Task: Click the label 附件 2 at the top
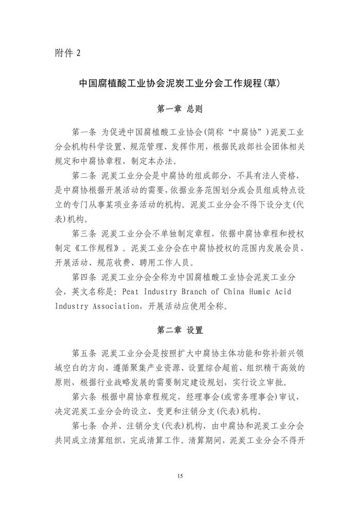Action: pyautogui.click(x=67, y=53)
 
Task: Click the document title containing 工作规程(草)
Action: pyautogui.click(x=179, y=83)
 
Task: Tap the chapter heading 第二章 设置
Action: pyautogui.click(x=179, y=330)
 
